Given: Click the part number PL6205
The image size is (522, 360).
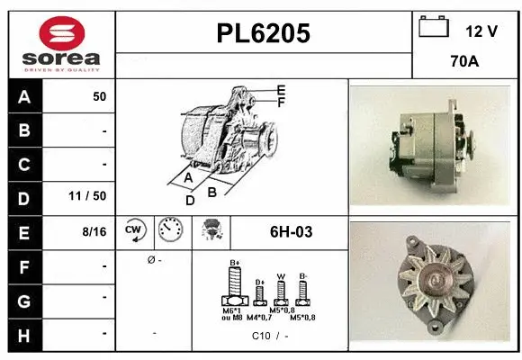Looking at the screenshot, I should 264,34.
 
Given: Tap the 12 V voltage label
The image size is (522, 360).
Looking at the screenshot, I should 481,31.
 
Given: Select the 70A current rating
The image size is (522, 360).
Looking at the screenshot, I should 465,64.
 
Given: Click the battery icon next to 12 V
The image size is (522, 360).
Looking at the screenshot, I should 434,28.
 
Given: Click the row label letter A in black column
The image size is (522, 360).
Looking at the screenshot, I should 23,95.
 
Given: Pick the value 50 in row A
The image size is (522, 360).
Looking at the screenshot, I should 99,95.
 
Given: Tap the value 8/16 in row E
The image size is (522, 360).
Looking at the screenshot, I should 94,231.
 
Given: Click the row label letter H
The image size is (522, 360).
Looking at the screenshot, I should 23,334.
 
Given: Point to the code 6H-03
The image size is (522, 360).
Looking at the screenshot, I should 291,232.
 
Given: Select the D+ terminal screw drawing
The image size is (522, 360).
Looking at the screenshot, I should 260,292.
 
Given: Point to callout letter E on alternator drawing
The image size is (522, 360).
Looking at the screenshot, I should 282,90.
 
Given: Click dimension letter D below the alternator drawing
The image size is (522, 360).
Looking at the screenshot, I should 190,200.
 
